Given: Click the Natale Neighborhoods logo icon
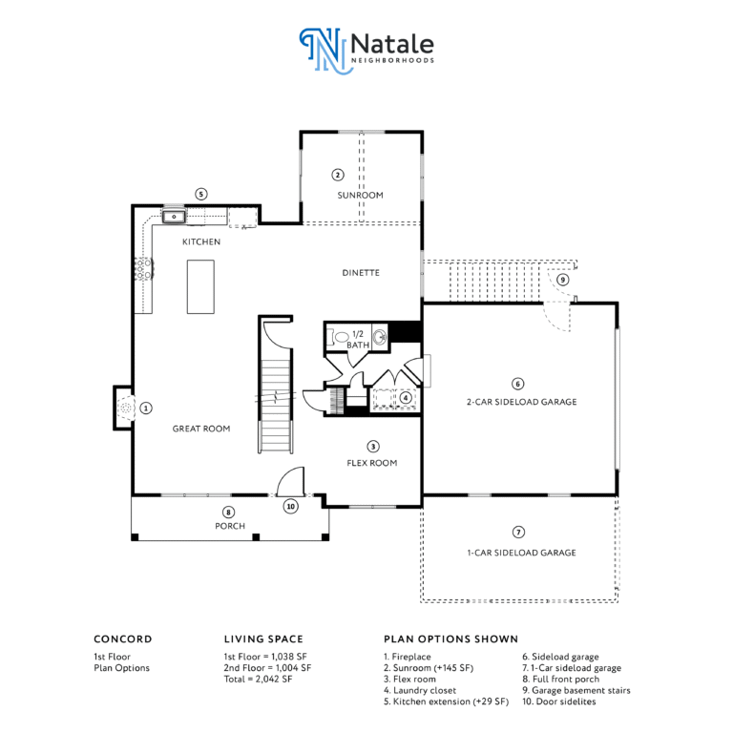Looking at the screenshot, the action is click(325, 51).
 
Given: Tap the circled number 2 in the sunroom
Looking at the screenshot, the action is click(338, 175).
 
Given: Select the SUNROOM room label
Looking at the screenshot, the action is click(361, 195).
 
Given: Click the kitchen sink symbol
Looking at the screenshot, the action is click(174, 217).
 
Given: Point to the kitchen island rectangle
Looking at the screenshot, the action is click(200, 286).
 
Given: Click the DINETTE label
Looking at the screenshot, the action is click(361, 273).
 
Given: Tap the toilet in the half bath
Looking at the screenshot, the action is click(339, 337).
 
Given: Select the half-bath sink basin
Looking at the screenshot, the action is click(380, 337).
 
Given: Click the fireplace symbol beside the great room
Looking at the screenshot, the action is click(126, 408).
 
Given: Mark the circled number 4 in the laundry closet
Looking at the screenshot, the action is click(406, 398).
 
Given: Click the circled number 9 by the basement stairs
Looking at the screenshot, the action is click(563, 280).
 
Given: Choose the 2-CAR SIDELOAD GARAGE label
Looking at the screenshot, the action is click(522, 402).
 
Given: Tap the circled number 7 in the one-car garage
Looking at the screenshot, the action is click(518, 532).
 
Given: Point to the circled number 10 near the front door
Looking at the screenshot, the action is click(291, 506).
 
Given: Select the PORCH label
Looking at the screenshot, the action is click(230, 526).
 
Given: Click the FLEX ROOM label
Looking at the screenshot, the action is click(372, 463).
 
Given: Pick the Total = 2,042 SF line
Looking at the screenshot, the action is click(258, 680).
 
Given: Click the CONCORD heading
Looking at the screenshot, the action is click(123, 639).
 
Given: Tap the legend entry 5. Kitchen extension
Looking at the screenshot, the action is click(446, 702).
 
